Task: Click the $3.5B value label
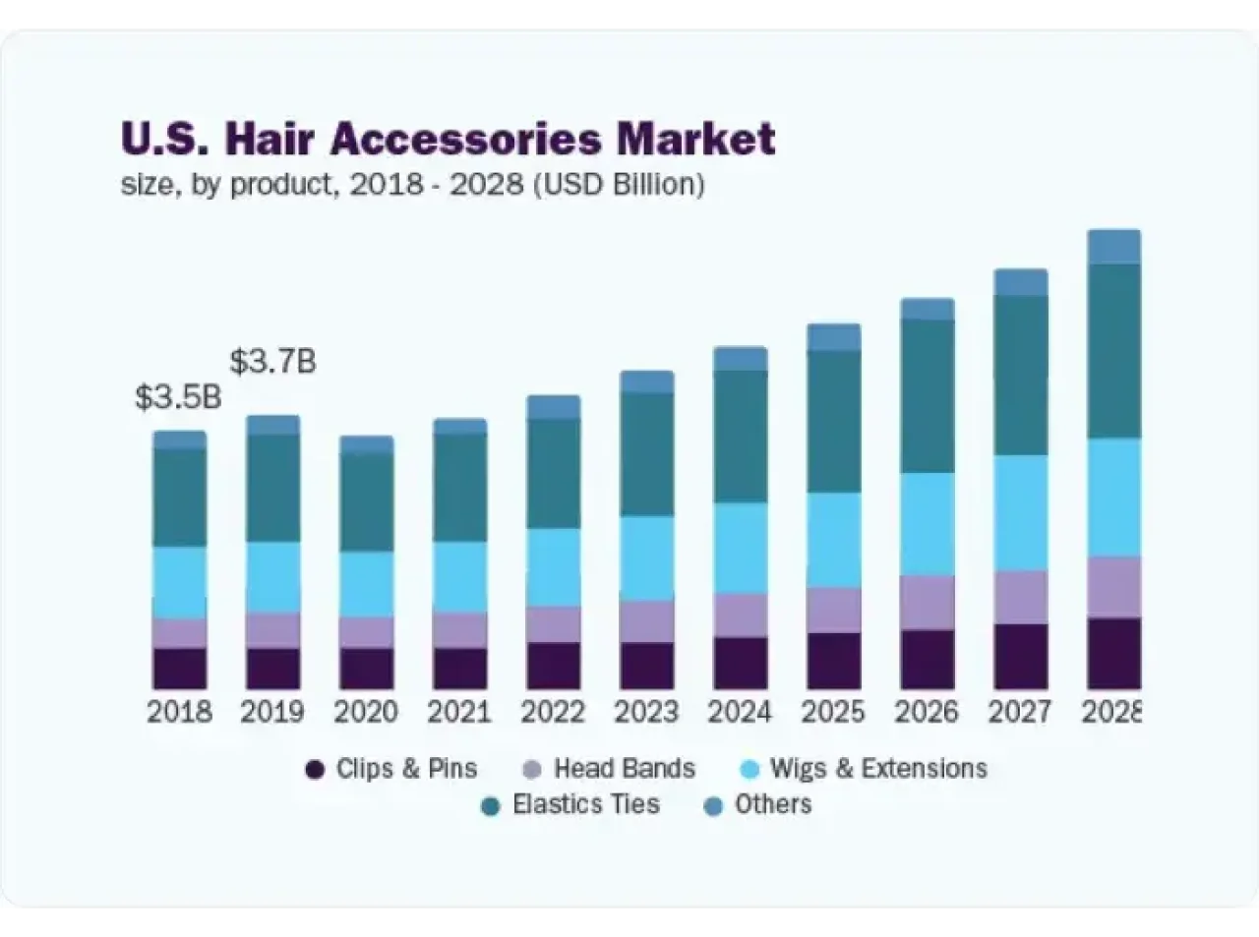[178, 398]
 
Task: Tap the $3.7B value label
[272, 362]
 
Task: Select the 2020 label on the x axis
[366, 712]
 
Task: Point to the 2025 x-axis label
[833, 712]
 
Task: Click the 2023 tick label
[646, 712]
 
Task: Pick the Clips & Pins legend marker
[315, 770]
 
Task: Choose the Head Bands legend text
[625, 769]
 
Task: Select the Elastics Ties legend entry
[586, 805]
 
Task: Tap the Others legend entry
[773, 805]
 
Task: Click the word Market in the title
[695, 140]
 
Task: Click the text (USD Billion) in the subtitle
[619, 185]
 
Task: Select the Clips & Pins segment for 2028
[1113, 653]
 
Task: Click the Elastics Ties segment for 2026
[928, 396]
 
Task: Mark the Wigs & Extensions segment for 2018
[179, 582]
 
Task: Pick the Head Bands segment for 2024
[740, 615]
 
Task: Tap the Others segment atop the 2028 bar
[1113, 247]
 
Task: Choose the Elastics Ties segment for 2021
[459, 488]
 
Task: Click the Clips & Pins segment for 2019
[272, 668]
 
